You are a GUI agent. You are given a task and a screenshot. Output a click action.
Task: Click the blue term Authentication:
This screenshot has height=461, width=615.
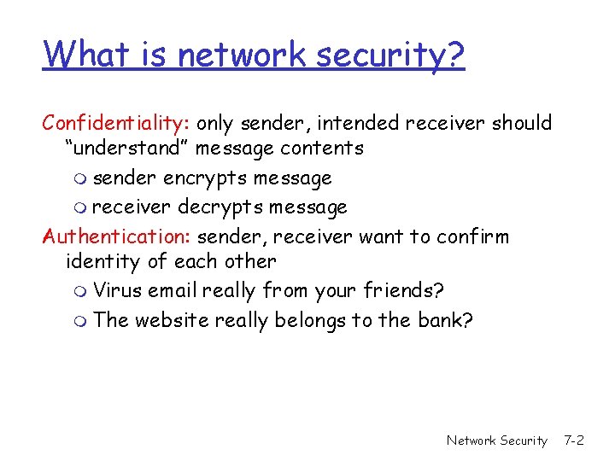click(118, 236)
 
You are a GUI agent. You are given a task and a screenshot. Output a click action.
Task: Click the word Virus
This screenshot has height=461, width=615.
click(118, 291)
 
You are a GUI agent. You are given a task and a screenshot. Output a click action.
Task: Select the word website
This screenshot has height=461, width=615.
click(170, 320)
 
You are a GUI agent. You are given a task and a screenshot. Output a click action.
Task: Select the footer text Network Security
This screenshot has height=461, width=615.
click(496, 441)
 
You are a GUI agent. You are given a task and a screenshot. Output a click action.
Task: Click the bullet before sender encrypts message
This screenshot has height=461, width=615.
click(80, 180)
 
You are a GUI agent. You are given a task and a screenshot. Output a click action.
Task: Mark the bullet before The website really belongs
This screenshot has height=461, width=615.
click(80, 322)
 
